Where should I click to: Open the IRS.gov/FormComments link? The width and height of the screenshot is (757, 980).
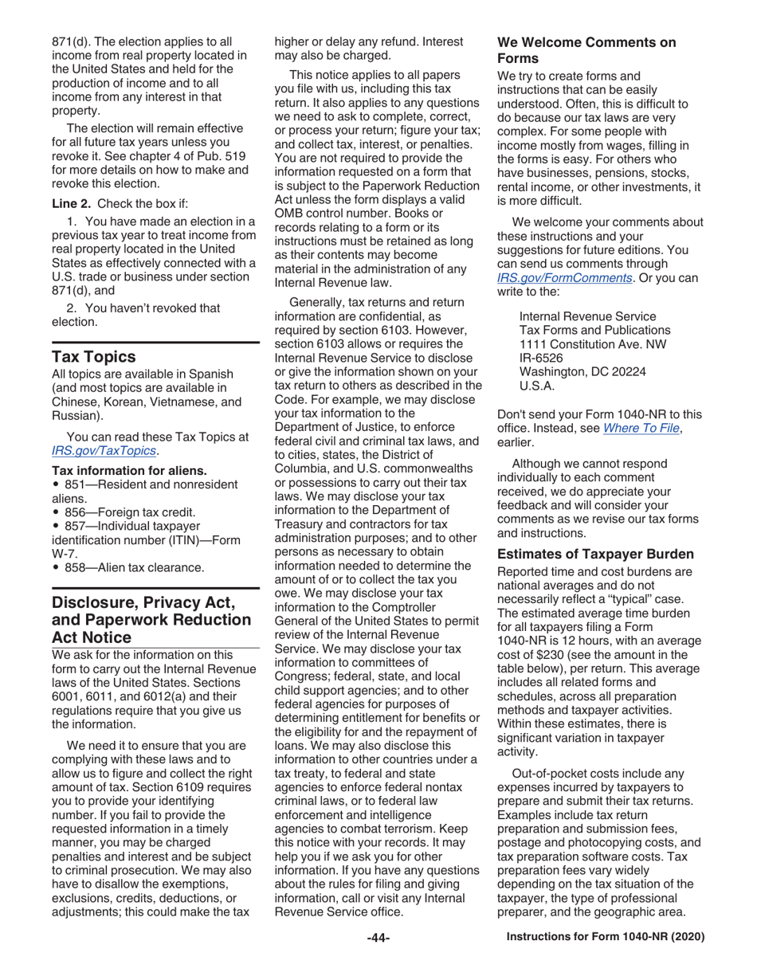tap(565, 279)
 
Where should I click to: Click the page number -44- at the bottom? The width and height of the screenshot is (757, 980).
tap(378, 939)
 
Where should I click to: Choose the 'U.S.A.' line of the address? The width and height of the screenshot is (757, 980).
tap(535, 386)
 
